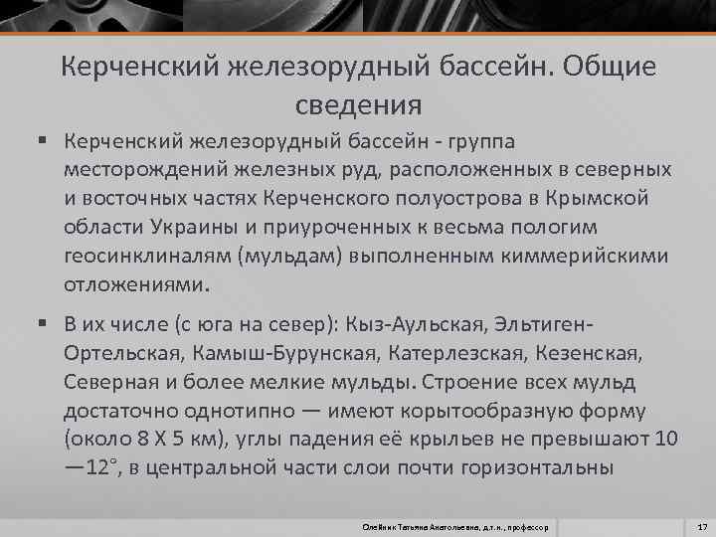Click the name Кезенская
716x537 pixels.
[x=592, y=354]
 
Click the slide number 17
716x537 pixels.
[x=702, y=524]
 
